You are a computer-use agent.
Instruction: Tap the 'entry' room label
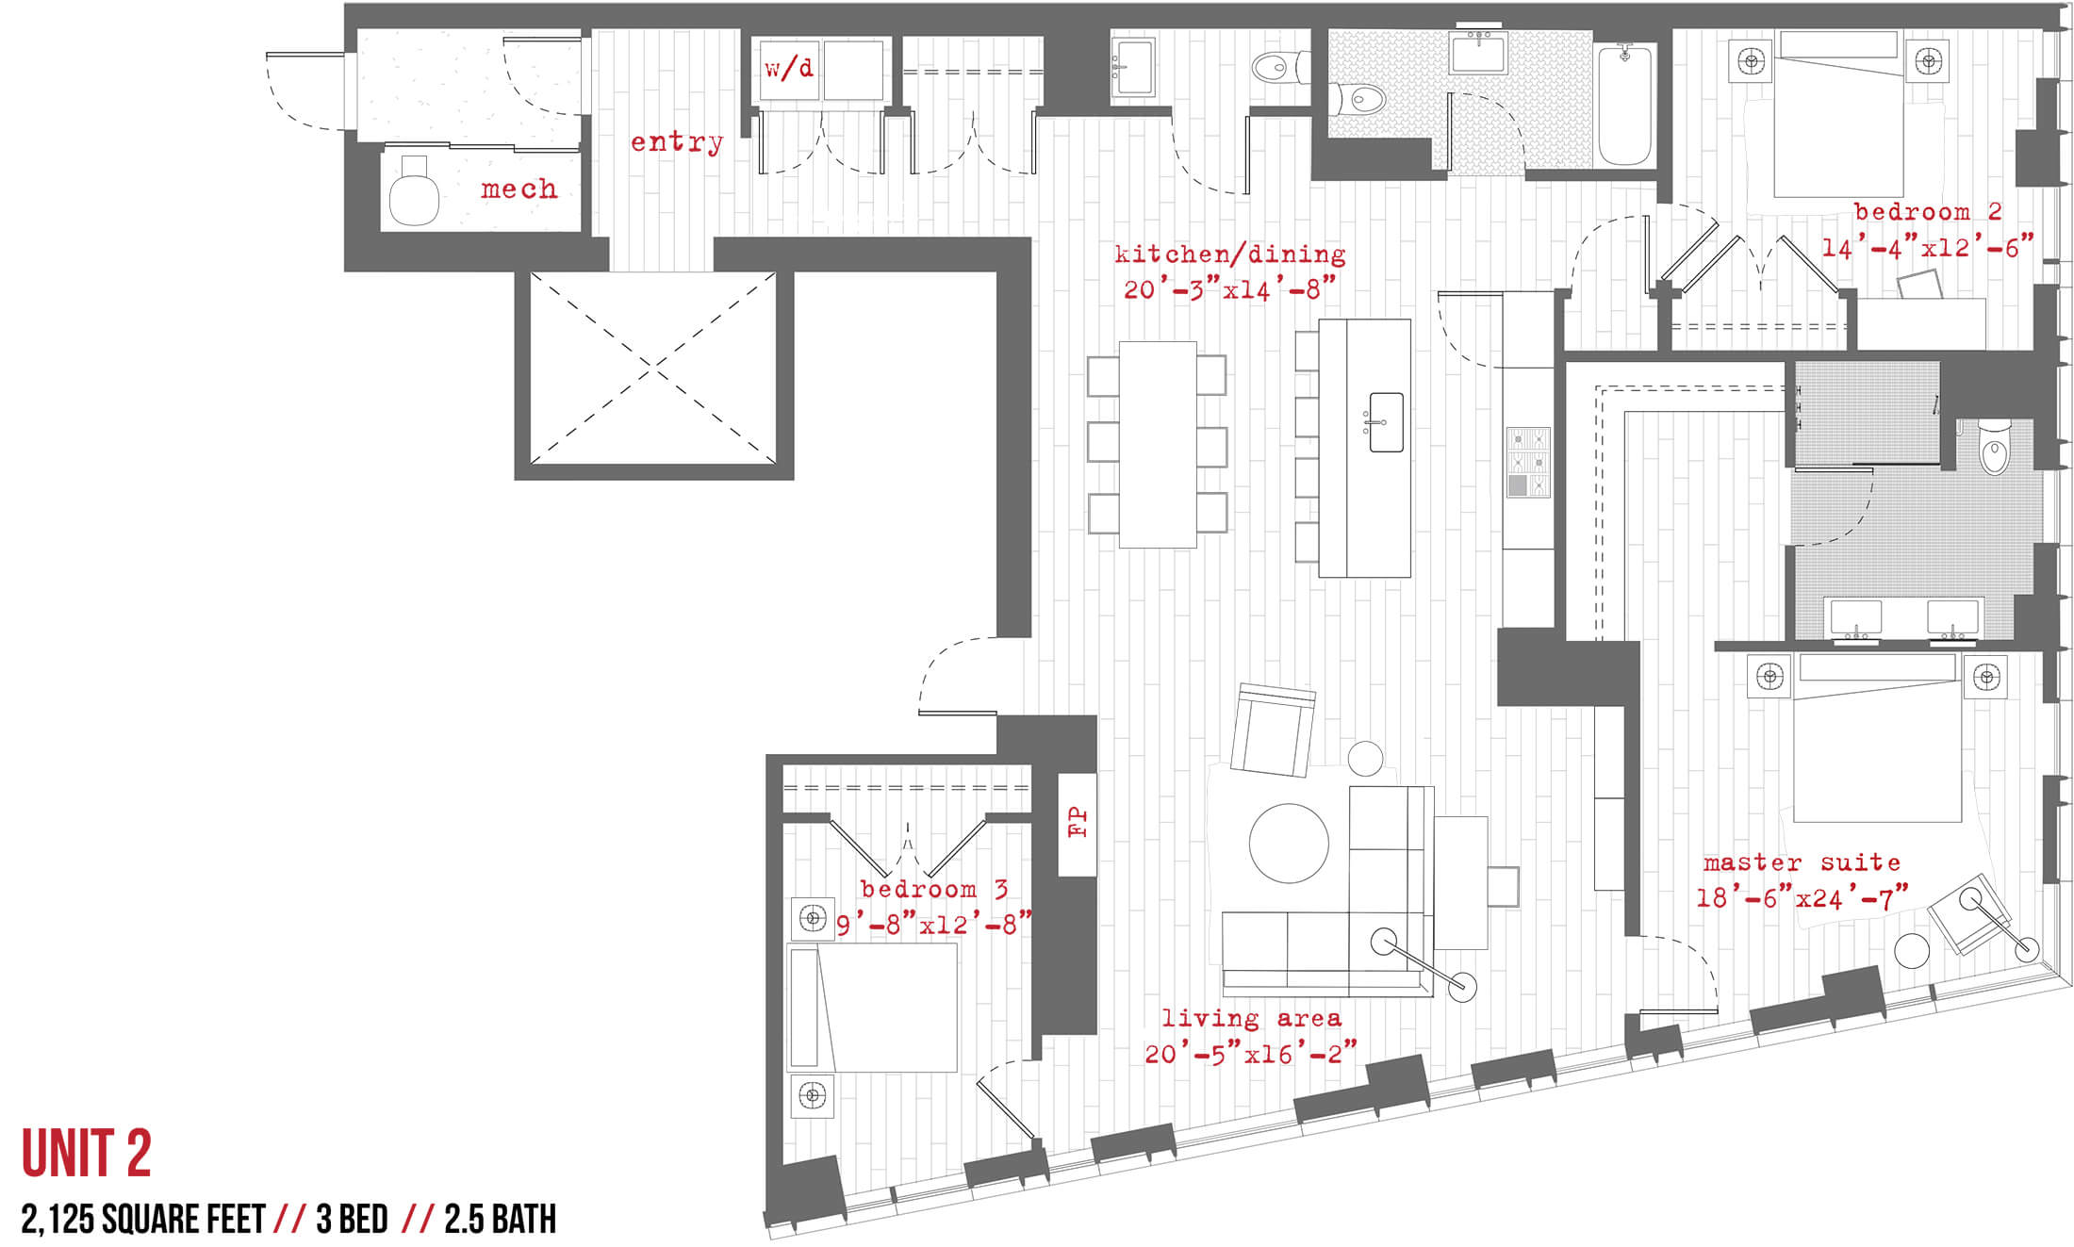coord(677,142)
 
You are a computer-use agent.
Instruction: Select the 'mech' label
coord(518,189)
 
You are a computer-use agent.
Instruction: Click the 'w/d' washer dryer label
coord(788,68)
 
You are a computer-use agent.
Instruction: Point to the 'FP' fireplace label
coord(1078,823)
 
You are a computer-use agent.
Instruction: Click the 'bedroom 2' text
coord(1928,212)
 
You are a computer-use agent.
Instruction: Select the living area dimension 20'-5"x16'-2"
coord(1250,1053)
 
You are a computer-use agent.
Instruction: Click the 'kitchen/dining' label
coord(1229,254)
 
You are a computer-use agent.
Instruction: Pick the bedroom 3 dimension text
coord(933,925)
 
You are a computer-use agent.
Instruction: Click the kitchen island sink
coord(1385,422)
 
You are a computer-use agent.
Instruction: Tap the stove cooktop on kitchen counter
coord(1528,462)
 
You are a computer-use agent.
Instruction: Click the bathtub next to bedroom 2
coord(1624,105)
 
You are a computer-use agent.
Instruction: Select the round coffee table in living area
coord(1289,843)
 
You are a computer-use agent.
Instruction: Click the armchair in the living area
coord(1273,730)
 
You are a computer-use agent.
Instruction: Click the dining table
coord(1158,444)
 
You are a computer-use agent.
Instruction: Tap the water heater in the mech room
coord(413,190)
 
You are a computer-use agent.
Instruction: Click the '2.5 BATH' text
coord(500,1219)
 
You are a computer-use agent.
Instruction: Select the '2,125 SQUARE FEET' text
coord(143,1219)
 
